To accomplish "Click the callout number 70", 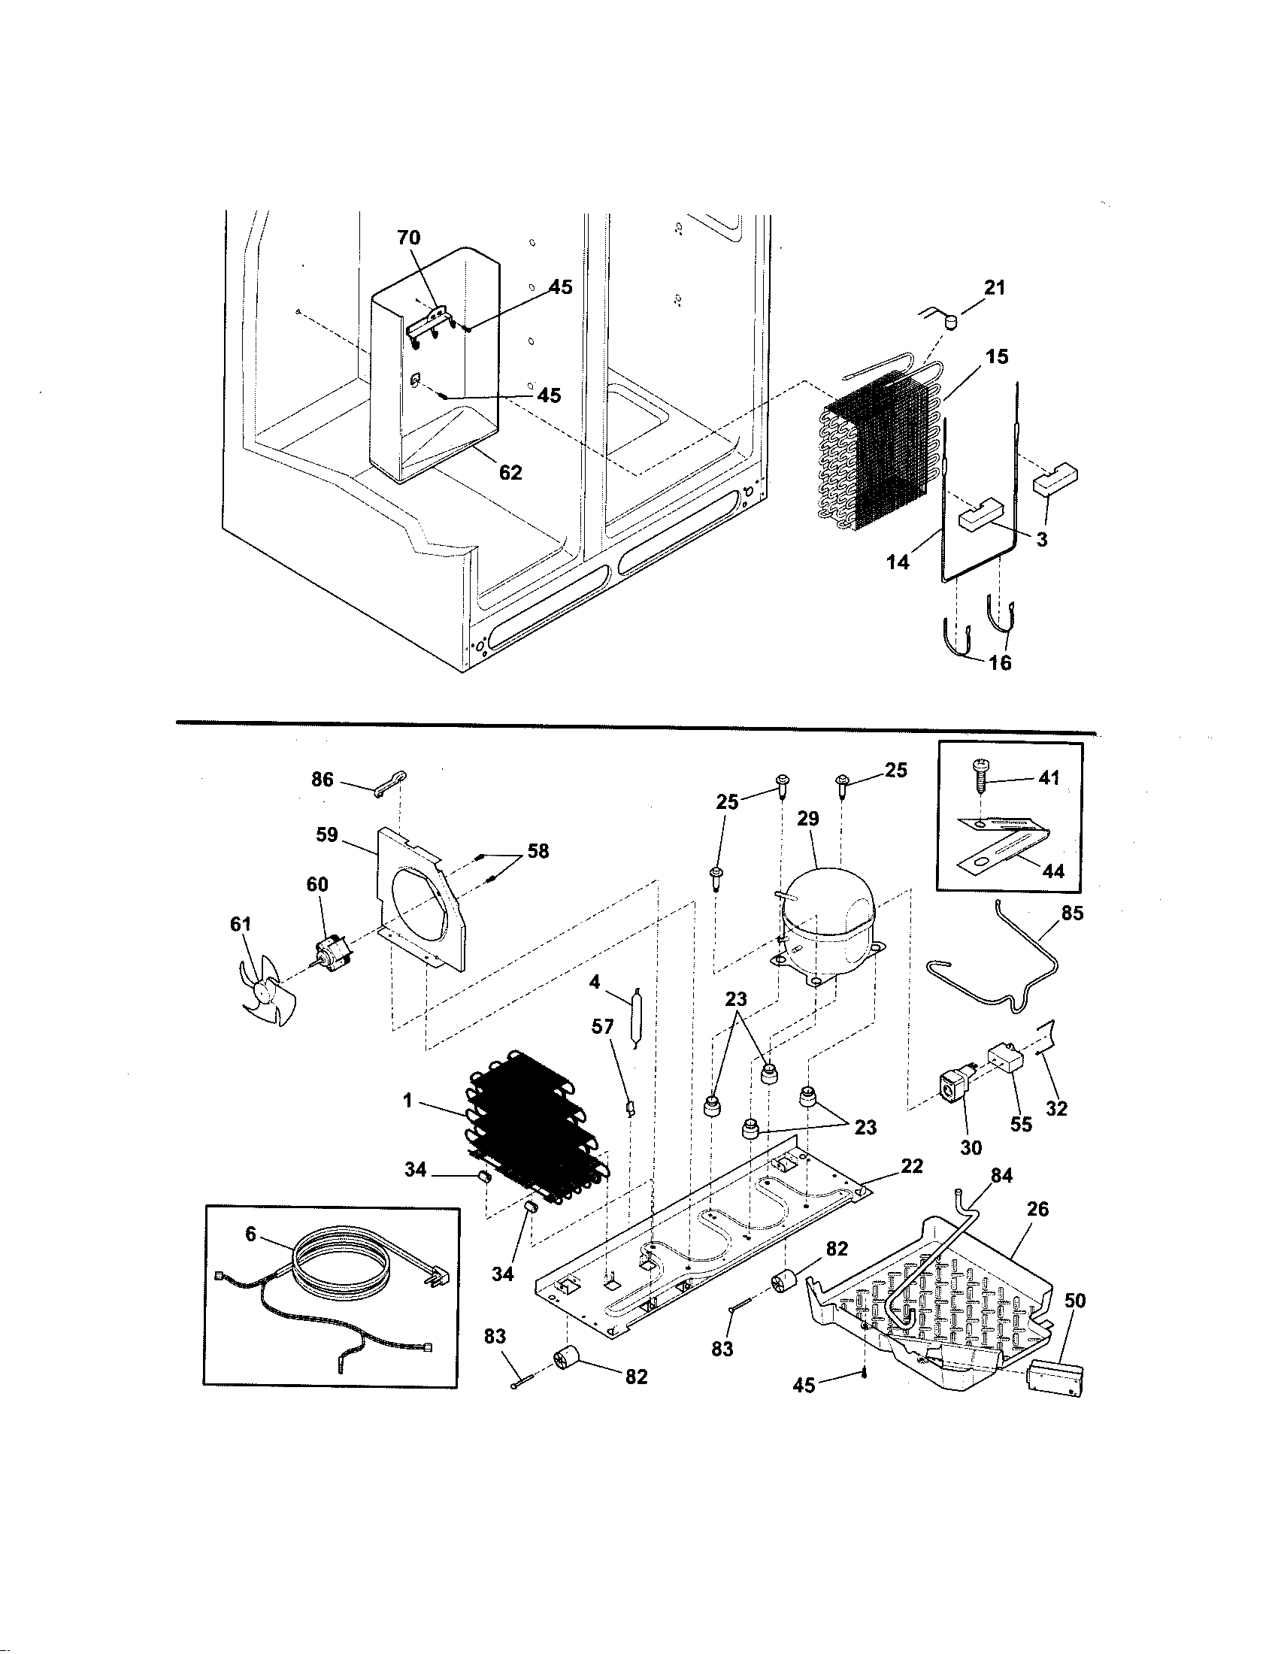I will coord(408,238).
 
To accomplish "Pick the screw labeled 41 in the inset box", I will coord(981,778).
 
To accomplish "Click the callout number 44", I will coord(1053,871).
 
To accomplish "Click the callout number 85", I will coord(1072,913).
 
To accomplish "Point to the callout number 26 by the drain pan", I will coord(1037,1209).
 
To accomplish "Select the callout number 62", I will coord(510,472).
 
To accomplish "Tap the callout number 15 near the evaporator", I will coord(998,356).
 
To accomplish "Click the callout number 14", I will coord(898,562).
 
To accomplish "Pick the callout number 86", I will coord(323,780).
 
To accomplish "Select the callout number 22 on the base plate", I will coord(913,1165).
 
